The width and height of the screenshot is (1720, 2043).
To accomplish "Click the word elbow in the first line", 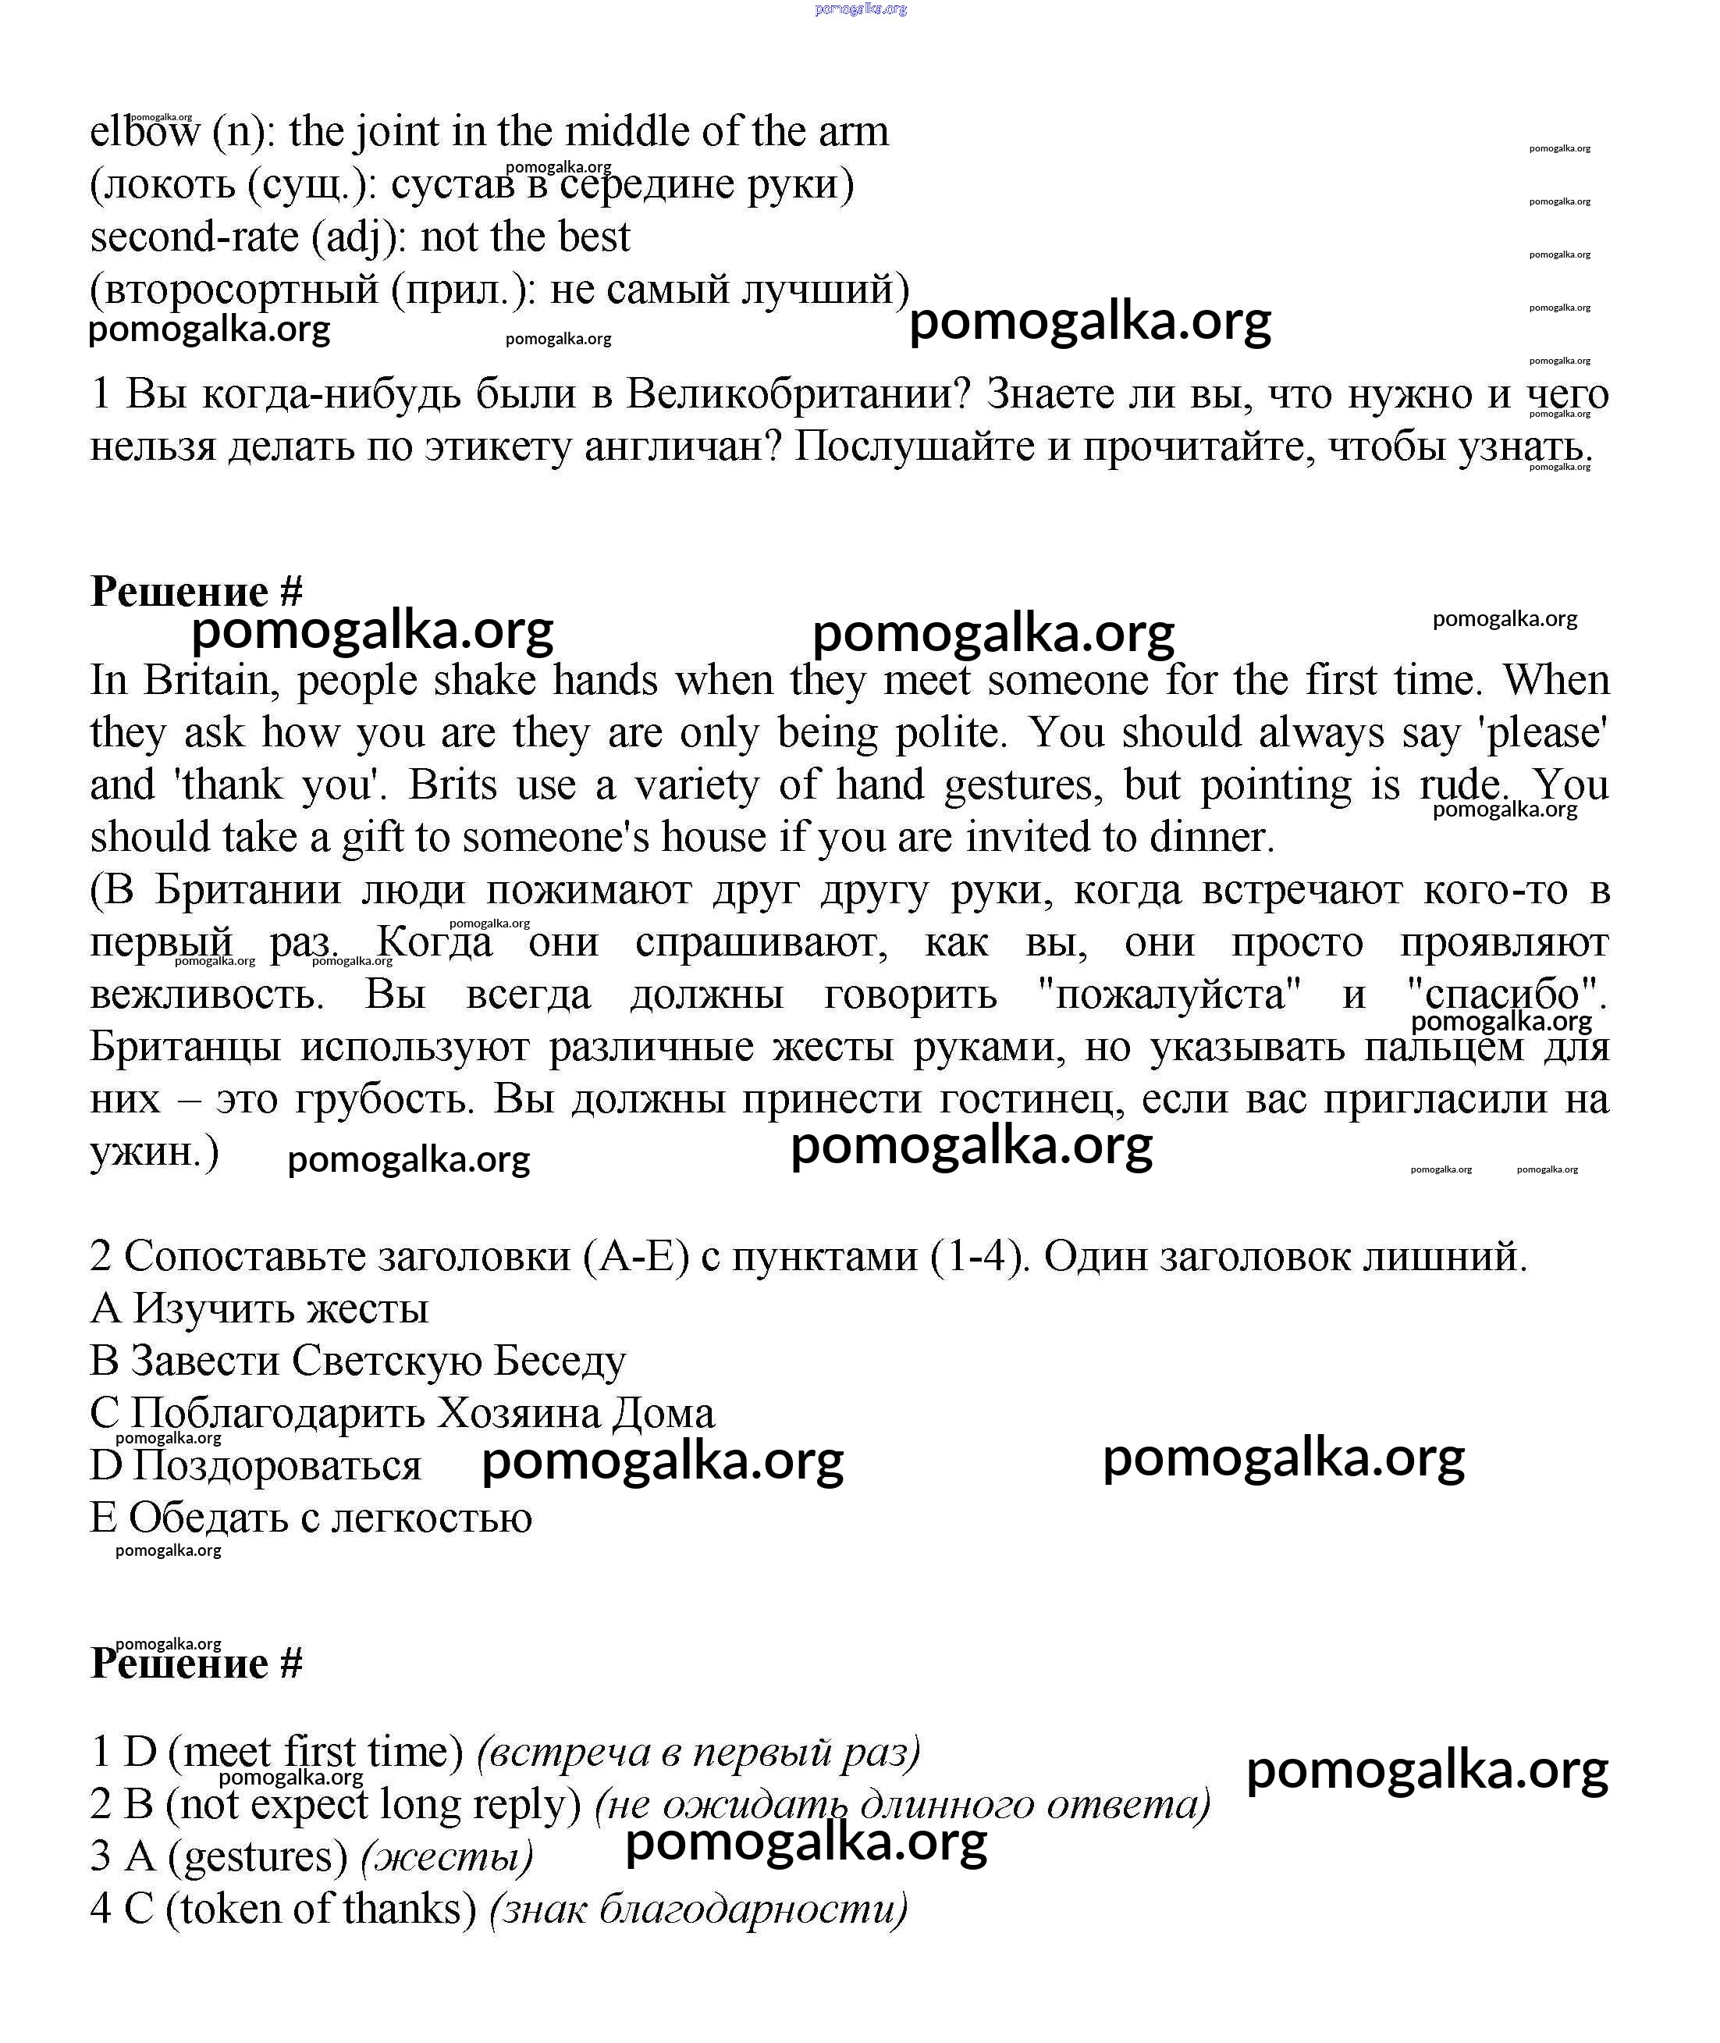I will (x=144, y=132).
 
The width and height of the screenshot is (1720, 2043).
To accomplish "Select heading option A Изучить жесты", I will (x=259, y=1308).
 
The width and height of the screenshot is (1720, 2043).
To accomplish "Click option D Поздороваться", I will (x=255, y=1465).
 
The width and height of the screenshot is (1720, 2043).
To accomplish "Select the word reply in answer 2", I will (x=527, y=1805).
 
